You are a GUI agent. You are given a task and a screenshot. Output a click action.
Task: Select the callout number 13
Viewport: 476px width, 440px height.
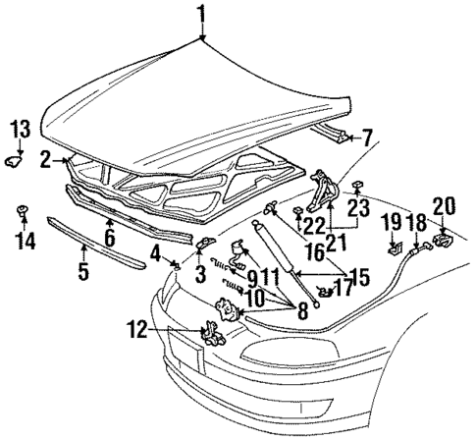point(21,129)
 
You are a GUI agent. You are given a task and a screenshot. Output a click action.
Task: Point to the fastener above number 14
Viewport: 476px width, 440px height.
point(22,211)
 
